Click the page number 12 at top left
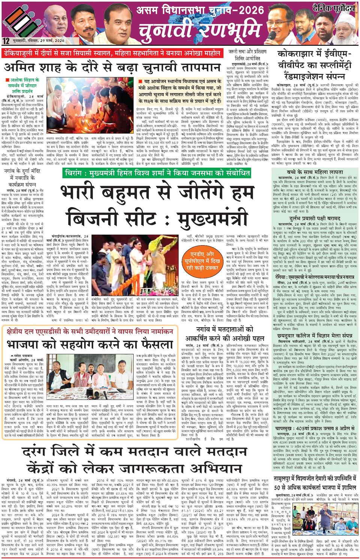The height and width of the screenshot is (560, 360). pyautogui.click(x=6, y=41)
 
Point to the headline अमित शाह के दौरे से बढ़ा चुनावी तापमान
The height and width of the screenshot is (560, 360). pyautogui.click(x=112, y=68)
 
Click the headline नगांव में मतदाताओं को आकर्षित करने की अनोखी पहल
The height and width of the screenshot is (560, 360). pyautogui.click(x=219, y=334)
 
